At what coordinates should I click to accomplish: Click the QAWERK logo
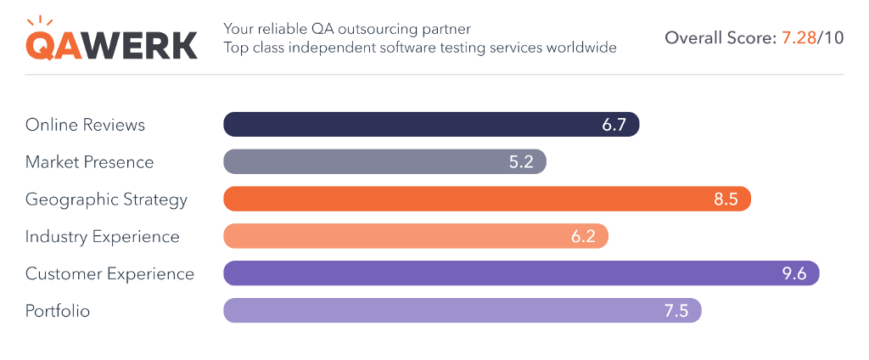111,39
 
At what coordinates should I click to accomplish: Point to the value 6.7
614,125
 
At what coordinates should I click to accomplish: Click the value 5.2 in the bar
521,162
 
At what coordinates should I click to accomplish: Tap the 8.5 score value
726,200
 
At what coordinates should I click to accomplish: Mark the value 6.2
583,237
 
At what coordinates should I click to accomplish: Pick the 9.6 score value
793,273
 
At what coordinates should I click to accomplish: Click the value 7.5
676,311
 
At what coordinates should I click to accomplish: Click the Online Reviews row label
85,125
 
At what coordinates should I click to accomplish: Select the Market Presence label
89,162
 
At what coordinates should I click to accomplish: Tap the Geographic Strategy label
106,200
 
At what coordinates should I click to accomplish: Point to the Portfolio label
58,311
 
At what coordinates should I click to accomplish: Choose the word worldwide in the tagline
580,48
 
